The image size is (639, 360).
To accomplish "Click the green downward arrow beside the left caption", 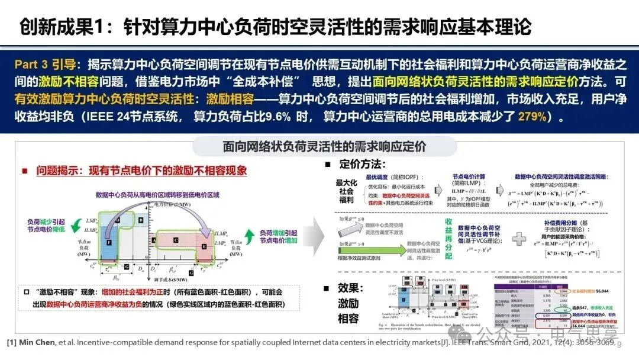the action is click(x=77, y=226).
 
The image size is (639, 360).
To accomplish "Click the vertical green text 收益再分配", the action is click(x=449, y=239).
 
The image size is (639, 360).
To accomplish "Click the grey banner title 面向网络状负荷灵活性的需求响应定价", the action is click(x=324, y=146).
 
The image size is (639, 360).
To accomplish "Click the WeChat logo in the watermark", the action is click(x=489, y=333).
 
